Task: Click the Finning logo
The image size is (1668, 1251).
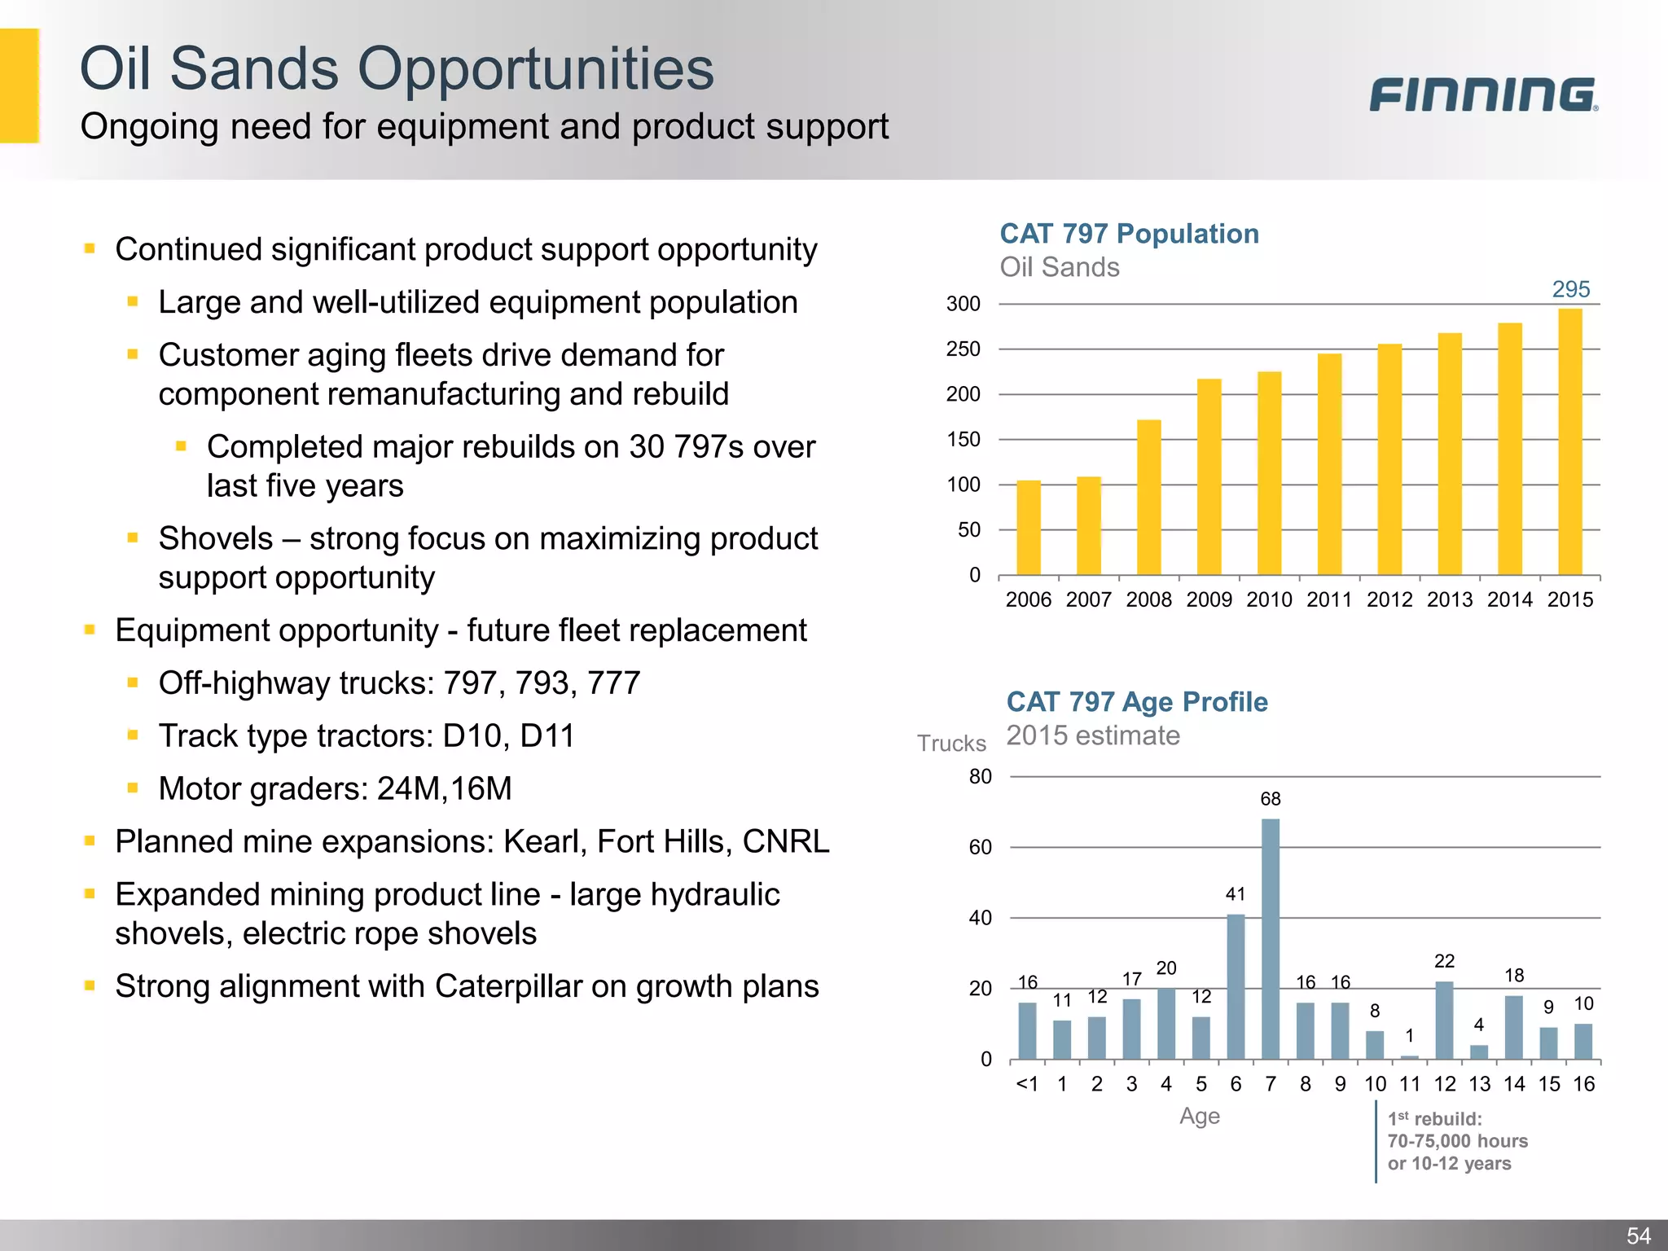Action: coord(1482,94)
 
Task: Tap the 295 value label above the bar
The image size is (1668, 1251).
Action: coord(1570,289)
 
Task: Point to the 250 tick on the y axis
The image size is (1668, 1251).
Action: coord(963,349)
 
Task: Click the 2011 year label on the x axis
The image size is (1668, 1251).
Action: coord(1329,600)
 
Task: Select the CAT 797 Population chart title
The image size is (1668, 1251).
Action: coord(1129,234)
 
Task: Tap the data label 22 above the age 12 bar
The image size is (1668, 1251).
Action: coord(1444,961)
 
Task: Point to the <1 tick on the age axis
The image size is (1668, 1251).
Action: coord(1027,1084)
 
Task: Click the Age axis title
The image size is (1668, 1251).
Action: coord(1199,1116)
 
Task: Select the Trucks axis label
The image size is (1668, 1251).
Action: coord(951,744)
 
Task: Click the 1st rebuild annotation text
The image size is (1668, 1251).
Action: coord(1456,1141)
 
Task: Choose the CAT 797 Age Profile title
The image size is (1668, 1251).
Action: coord(1137,702)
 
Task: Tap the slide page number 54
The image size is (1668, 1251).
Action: coord(1639,1236)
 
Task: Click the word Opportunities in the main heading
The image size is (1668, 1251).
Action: coord(535,68)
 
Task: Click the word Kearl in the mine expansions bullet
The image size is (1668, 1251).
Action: coord(545,842)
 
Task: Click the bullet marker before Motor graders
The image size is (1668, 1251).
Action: coord(133,788)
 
